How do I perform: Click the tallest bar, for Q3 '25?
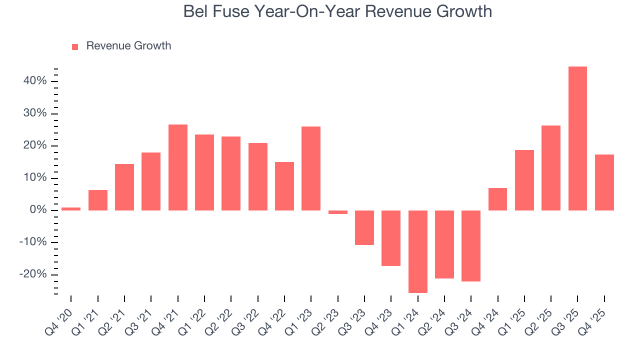click(577, 138)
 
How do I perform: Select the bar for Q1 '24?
click(417, 251)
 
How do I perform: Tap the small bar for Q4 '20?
click(71, 208)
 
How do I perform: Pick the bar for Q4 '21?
click(177, 167)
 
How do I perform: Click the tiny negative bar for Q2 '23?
click(337, 212)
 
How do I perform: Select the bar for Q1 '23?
click(311, 168)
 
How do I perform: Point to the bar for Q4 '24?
click(497, 199)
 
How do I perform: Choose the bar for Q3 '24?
click(471, 245)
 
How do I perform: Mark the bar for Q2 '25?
click(551, 168)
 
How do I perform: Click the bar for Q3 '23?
click(364, 227)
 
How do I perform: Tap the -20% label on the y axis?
click(34, 274)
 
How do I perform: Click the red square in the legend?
click(75, 47)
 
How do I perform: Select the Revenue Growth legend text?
click(128, 46)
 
